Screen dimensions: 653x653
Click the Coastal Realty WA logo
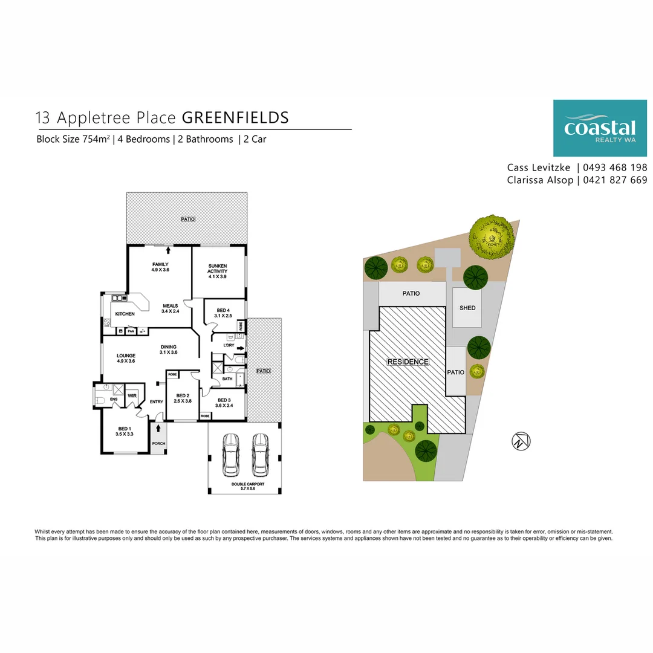(600, 128)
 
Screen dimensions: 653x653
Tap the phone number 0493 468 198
(616, 167)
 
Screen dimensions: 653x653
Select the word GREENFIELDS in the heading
(235, 117)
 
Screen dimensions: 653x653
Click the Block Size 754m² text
(73, 139)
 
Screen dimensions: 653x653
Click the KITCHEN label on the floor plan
(125, 314)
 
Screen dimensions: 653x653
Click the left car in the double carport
(231, 454)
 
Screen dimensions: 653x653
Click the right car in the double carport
(260, 454)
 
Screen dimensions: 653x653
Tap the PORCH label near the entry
(158, 444)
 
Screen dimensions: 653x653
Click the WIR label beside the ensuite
(132, 395)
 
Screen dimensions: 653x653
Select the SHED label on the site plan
(467, 308)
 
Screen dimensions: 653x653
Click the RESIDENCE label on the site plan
(408, 362)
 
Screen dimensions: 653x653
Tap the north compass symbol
(521, 441)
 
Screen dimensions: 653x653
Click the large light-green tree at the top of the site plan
(492, 235)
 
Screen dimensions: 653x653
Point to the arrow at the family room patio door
(168, 249)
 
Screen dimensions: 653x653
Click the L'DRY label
(229, 345)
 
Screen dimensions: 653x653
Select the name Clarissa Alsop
(540, 180)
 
